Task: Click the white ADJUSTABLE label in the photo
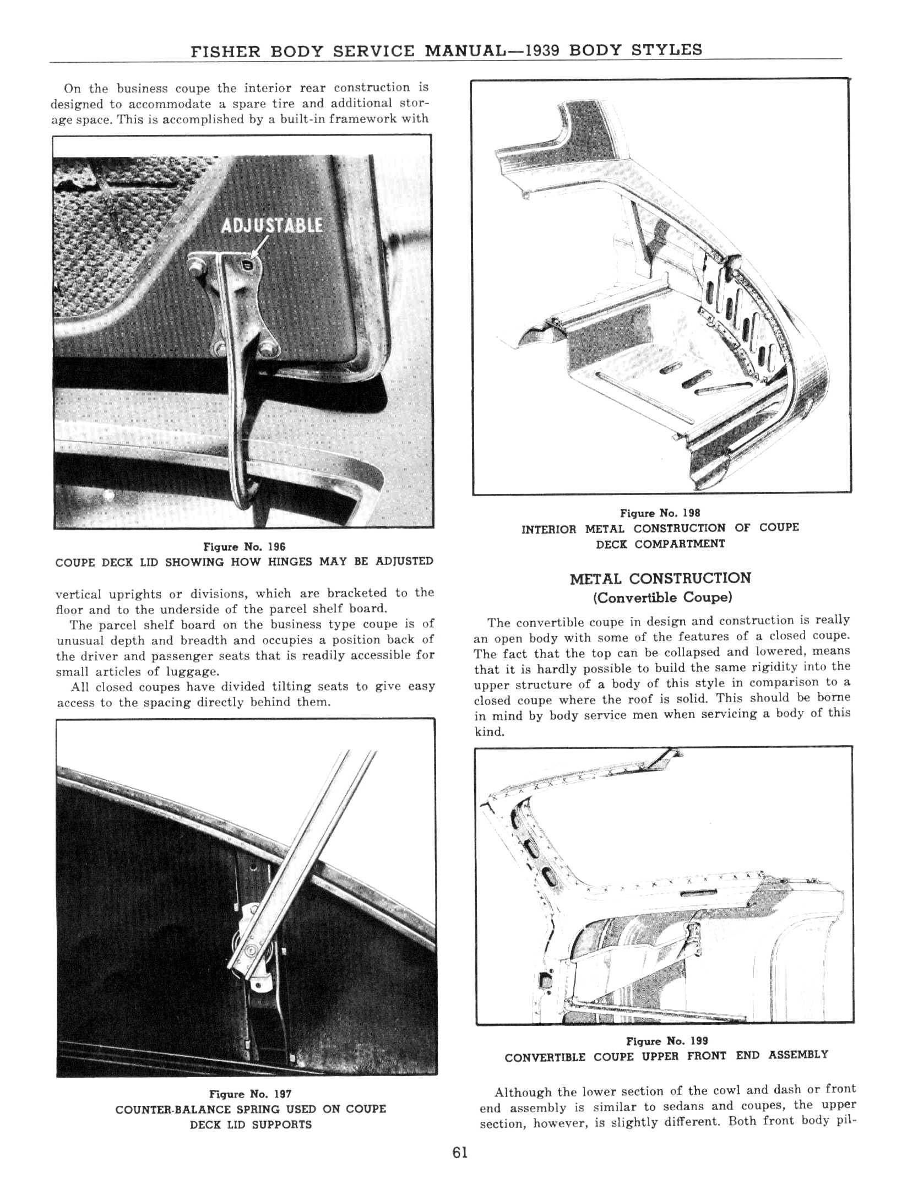[271, 226]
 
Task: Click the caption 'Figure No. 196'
[244, 547]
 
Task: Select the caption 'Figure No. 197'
[250, 1094]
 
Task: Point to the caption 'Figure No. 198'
[660, 513]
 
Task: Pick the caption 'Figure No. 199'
[667, 1041]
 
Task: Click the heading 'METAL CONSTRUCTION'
[660, 579]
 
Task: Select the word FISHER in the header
[226, 52]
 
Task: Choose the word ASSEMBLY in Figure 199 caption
[798, 1056]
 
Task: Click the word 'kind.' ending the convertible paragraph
[489, 732]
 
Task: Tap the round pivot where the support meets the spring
[252, 951]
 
